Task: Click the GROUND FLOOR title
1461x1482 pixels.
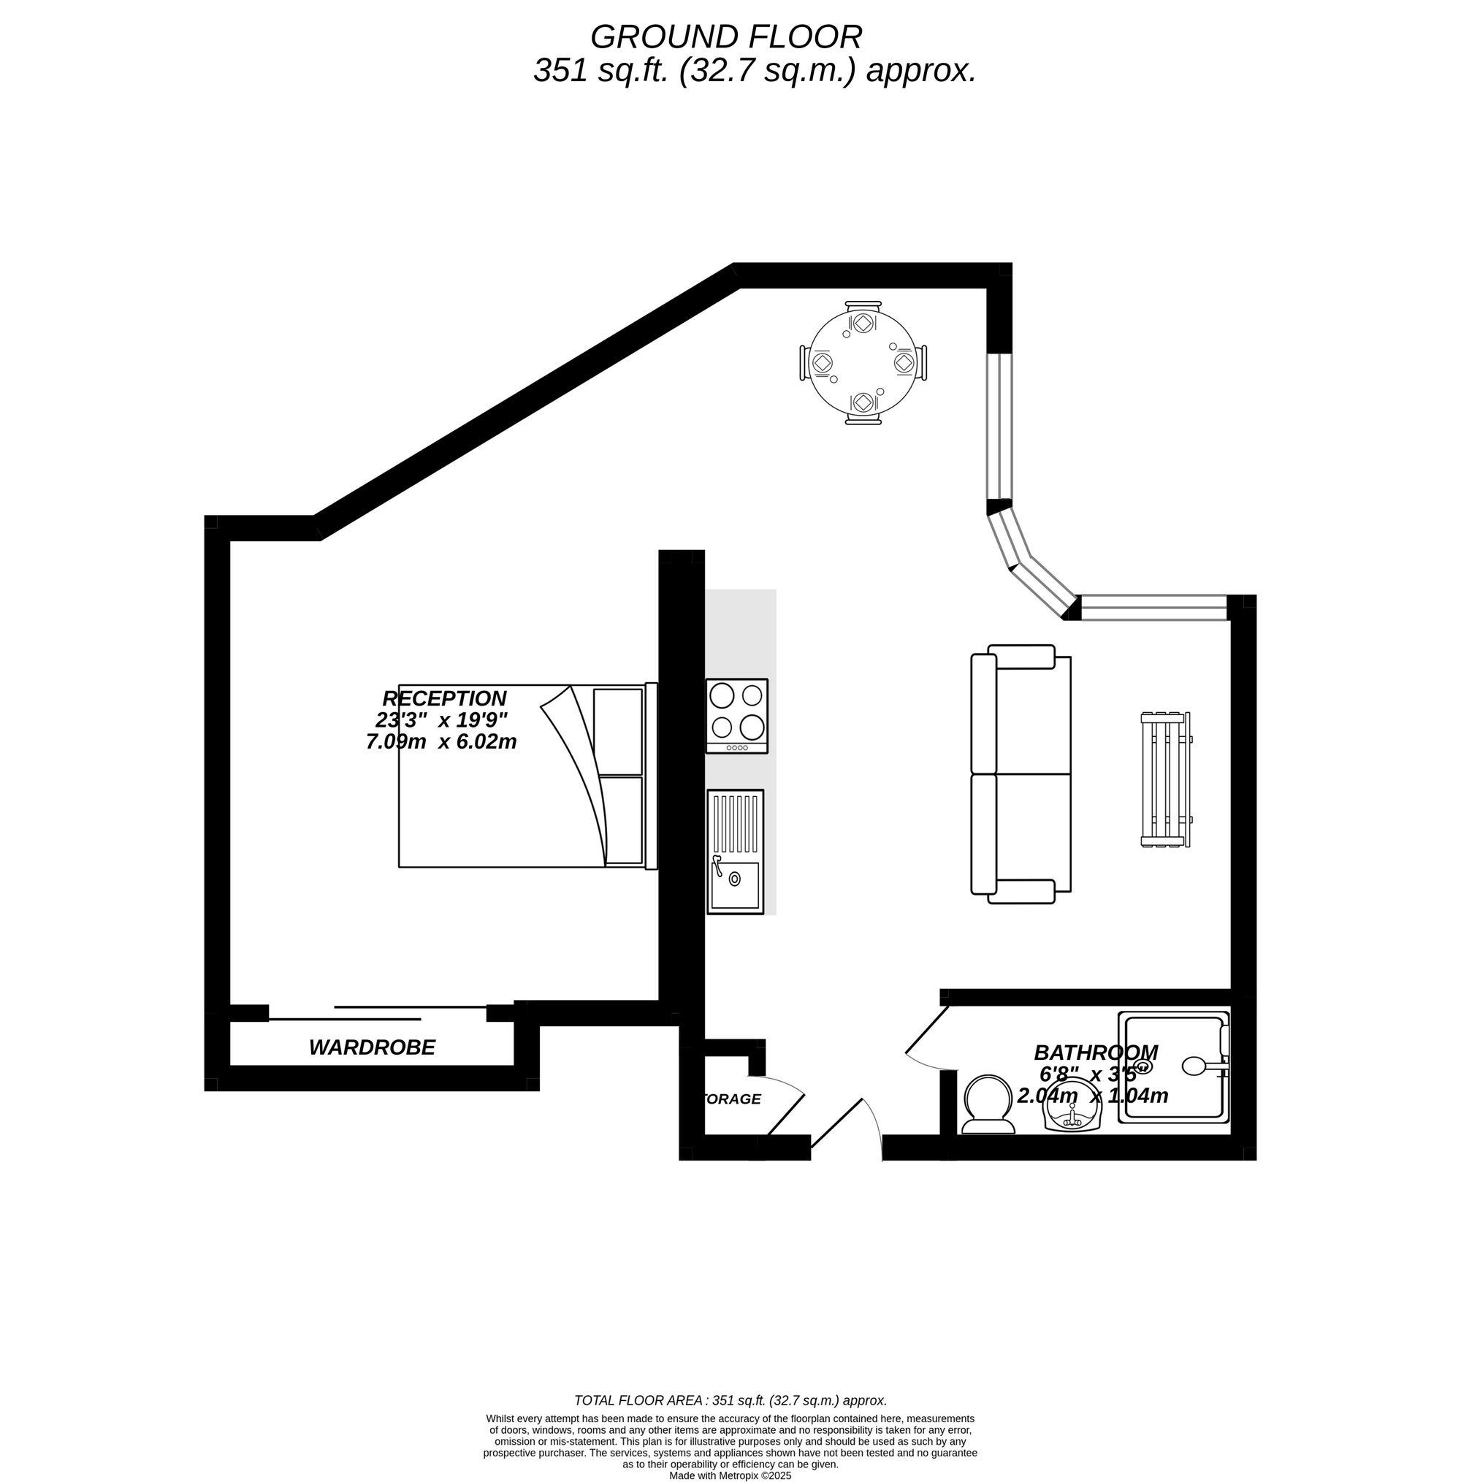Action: tap(725, 37)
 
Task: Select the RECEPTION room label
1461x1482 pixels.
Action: tap(444, 699)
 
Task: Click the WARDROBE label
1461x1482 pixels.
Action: tap(372, 1047)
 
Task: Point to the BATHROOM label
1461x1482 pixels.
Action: tap(1096, 1053)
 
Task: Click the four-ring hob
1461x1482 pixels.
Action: tap(736, 715)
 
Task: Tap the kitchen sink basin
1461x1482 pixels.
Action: tap(735, 885)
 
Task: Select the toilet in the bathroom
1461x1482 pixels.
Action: tap(988, 1104)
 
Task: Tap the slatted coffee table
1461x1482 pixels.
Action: tap(1166, 779)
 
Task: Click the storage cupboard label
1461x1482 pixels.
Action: tap(731, 1099)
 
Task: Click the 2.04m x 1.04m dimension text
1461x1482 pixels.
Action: tap(1093, 1096)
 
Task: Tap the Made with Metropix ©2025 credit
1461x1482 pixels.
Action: tap(730, 1475)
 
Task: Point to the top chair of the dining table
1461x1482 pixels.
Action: tap(863, 315)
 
